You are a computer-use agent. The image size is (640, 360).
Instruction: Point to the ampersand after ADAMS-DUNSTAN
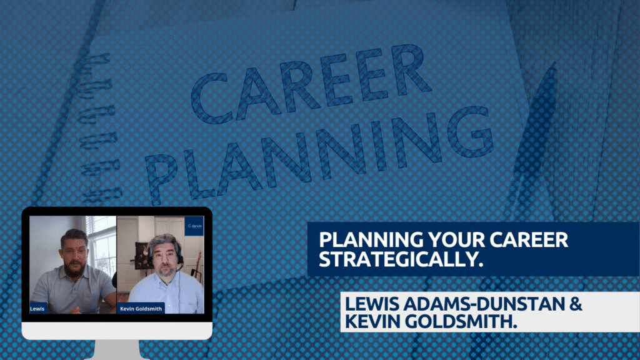[576, 304]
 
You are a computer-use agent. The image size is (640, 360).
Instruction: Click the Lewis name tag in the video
[37, 309]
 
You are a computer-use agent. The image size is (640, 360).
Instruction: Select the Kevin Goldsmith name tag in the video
[141, 309]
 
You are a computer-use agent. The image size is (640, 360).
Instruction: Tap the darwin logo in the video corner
[194, 226]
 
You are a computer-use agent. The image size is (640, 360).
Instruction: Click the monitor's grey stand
[117, 350]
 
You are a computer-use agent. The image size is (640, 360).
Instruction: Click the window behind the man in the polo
[101, 245]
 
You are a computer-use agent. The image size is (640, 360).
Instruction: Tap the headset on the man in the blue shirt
[178, 255]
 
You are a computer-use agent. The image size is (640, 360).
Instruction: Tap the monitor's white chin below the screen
[117, 331]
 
